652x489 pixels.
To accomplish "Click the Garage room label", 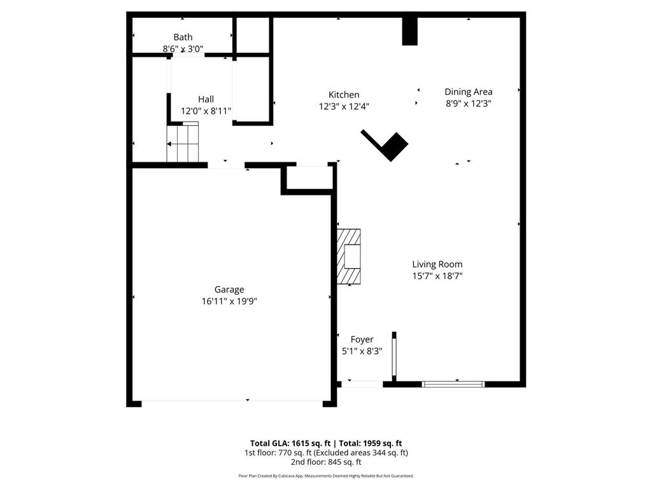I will [x=229, y=290].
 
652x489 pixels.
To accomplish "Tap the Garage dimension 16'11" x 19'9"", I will [x=229, y=302].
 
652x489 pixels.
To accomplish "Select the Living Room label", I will [x=437, y=264].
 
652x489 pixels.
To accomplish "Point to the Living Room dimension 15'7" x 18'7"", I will [x=437, y=276].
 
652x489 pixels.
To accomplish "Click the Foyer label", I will [x=362, y=339].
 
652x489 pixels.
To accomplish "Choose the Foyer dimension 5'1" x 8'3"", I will [x=362, y=351].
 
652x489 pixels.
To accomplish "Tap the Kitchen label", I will [x=344, y=95].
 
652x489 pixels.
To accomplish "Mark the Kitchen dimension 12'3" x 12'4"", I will [x=344, y=107].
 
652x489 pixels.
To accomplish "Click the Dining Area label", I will [x=468, y=92].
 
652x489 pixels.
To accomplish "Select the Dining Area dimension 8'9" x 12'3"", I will [x=468, y=103].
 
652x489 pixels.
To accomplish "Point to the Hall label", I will [x=206, y=99].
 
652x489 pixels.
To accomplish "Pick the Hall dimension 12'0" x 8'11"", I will [x=206, y=111].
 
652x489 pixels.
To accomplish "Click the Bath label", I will [x=183, y=38].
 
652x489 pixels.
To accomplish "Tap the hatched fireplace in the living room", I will [x=349, y=257].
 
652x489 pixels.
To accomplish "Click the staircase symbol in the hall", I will [x=183, y=143].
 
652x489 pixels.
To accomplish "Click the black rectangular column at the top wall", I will [x=409, y=31].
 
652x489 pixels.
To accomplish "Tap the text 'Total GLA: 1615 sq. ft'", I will [x=290, y=443].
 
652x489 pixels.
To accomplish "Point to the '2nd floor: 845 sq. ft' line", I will [x=326, y=462].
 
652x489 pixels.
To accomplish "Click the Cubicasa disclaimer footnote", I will [x=326, y=476].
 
